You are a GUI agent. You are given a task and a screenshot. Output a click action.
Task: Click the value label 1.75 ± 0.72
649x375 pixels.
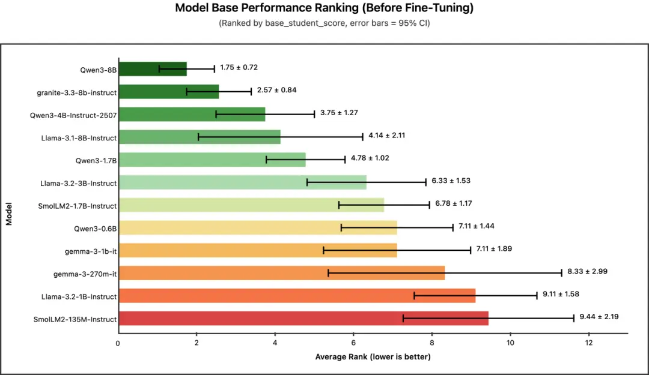239,67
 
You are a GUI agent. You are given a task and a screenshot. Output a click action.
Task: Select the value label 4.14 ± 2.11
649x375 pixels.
387,135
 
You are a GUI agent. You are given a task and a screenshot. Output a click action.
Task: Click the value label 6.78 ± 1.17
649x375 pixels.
454,203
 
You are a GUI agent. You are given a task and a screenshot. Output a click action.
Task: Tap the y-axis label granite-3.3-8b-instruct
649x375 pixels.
76,92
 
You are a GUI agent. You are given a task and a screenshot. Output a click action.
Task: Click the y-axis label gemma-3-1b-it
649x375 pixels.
91,251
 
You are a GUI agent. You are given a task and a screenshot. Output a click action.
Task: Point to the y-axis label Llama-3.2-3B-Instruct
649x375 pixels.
78,183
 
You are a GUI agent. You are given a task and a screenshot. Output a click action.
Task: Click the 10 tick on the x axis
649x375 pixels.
510,343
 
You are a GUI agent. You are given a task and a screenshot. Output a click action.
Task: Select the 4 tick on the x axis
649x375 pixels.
275,343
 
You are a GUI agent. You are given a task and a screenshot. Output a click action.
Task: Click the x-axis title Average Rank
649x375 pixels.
373,357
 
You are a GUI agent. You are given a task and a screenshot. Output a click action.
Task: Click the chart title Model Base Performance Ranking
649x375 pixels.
324,8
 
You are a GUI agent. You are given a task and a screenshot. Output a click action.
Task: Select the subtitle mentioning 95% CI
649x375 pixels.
324,23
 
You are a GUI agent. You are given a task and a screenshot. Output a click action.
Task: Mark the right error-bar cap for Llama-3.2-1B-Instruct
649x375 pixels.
537,296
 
